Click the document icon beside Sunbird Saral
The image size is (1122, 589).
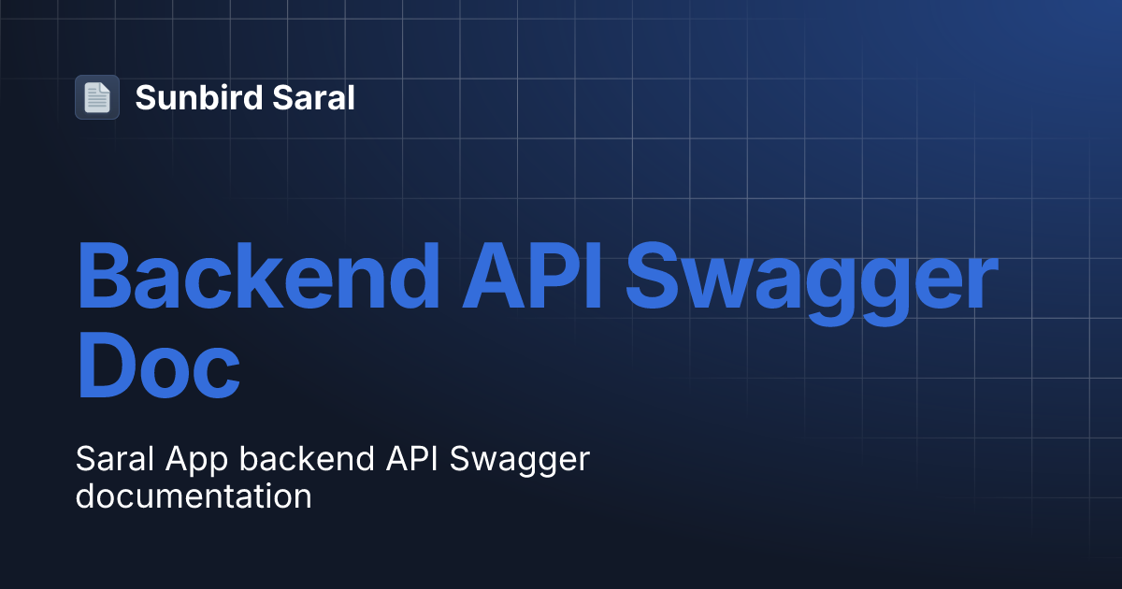tap(97, 97)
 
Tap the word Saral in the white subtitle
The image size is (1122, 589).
tap(110, 460)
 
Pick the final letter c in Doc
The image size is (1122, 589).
tap(218, 374)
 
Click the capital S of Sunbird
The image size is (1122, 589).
tap(145, 97)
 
